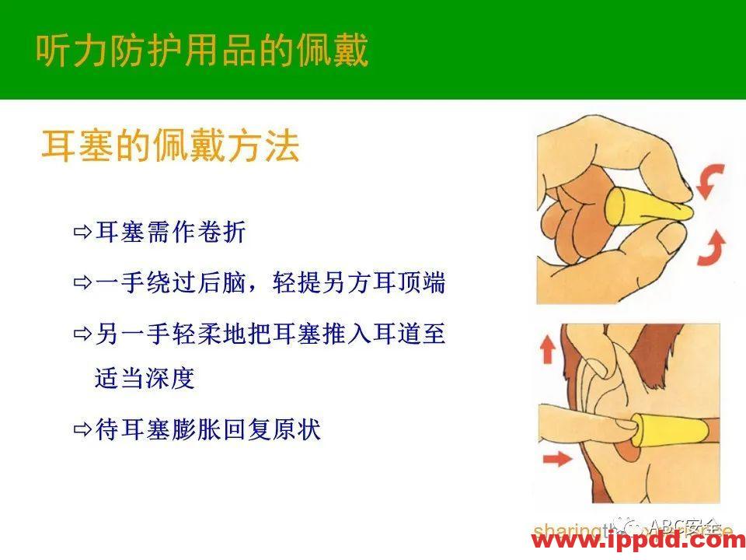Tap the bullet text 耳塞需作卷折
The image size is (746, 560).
(x=170, y=232)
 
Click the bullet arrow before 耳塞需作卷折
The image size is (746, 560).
(x=82, y=232)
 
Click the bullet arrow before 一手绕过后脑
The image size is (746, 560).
(x=82, y=283)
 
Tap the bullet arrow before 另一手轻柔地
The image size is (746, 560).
(x=82, y=334)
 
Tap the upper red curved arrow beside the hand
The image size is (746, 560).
(x=709, y=182)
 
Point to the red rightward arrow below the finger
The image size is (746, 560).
(x=556, y=460)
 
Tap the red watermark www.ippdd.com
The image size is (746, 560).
(x=637, y=541)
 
